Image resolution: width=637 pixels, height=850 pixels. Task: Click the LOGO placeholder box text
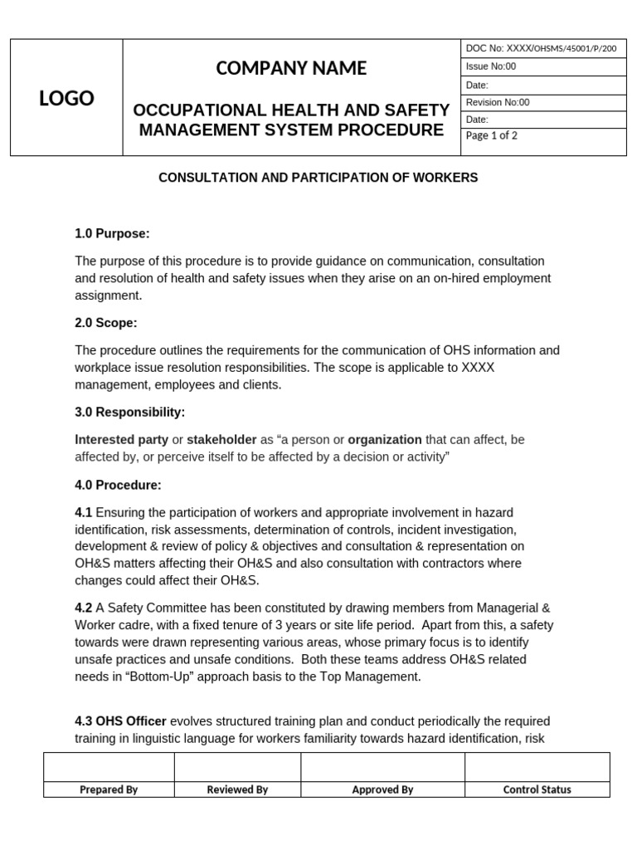66,99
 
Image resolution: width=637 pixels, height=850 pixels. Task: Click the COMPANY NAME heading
291,68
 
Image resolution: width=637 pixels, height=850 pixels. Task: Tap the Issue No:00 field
491,66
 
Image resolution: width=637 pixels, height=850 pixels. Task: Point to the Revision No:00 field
498,103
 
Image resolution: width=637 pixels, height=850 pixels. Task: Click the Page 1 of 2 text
492,135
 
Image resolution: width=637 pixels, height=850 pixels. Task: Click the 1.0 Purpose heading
112,233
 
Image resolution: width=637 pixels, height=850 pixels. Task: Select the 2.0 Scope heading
106,322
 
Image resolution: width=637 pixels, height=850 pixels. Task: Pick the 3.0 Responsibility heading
129,412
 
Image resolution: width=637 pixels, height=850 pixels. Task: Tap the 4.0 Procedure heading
118,485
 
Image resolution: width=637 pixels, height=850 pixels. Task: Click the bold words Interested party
121,439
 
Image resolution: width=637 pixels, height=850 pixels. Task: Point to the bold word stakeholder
221,439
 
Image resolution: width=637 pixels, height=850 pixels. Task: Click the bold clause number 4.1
84,513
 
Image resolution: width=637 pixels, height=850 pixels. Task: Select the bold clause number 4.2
84,608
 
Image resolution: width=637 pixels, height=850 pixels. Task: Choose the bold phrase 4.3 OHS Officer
120,721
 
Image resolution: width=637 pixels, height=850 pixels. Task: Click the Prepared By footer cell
109,789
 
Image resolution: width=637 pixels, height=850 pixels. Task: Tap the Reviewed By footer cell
237,789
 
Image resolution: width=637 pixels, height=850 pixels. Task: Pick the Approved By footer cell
382,789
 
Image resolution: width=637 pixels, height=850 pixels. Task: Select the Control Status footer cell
537,789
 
